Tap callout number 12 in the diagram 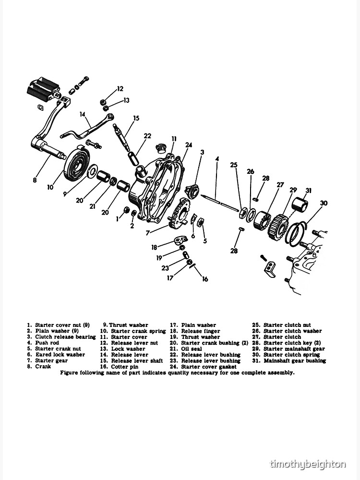coord(120,89)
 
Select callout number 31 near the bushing coord(308,190)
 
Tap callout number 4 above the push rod coord(217,158)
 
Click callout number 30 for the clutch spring coord(324,203)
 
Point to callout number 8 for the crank coord(35,180)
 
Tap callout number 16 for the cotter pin coord(205,279)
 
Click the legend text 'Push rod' coord(47,343)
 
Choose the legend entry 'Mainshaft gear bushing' coord(294,360)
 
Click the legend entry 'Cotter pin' coord(124,367)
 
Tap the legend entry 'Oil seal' coord(191,349)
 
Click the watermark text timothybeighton coord(308,464)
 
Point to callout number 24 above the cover coord(189,145)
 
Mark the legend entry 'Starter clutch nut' coord(287,325)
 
